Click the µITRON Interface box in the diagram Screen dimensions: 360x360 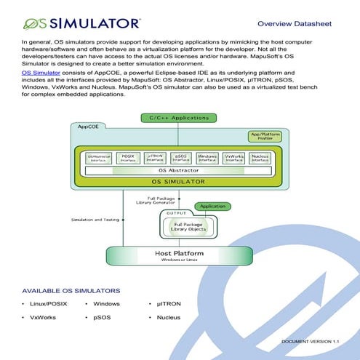pos(153,157)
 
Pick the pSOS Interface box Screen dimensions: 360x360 pos(180,157)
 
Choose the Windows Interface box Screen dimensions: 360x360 pos(207,157)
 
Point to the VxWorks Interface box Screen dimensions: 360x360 pos(233,157)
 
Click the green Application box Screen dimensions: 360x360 pos(212,207)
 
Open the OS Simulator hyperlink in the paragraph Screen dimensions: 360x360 pos(41,73)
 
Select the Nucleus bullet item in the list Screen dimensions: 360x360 pos(168,317)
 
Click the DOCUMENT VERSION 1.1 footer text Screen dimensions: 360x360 pos(310,340)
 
